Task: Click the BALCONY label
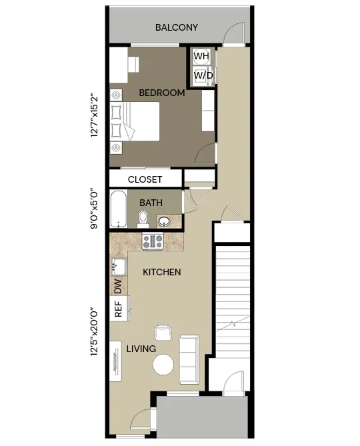(176, 27)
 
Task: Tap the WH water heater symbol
(201, 56)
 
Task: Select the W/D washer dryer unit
(203, 75)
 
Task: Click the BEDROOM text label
(162, 93)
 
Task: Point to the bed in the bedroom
(135, 121)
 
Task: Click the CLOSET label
(145, 179)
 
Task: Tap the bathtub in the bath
(119, 209)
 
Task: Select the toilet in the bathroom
(143, 219)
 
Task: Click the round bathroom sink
(164, 221)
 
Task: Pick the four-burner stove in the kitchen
(153, 241)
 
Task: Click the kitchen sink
(119, 267)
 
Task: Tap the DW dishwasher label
(118, 286)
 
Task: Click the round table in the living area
(163, 365)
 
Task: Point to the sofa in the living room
(189, 359)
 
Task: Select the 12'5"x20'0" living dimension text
(94, 331)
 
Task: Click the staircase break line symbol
(233, 323)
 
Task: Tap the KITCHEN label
(162, 272)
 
